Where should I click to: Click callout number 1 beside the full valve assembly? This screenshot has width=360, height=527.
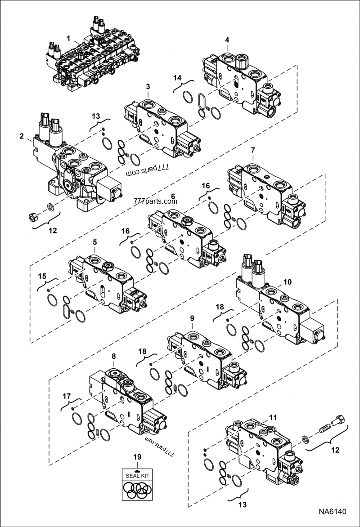click(x=68, y=39)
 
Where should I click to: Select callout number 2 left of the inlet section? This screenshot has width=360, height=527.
click(x=22, y=135)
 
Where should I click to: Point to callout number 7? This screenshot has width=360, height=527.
click(x=253, y=149)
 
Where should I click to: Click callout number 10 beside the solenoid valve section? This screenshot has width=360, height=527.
click(x=287, y=282)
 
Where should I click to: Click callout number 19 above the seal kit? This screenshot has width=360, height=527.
click(x=137, y=457)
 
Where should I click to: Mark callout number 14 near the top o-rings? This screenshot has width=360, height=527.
click(x=178, y=78)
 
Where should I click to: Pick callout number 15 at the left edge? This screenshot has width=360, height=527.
click(x=42, y=275)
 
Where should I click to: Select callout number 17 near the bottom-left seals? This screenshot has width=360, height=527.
click(x=67, y=396)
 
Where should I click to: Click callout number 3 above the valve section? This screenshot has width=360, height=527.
click(x=148, y=86)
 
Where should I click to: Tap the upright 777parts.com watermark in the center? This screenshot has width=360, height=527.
click(x=156, y=201)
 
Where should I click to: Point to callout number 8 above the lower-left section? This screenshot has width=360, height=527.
click(x=113, y=356)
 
